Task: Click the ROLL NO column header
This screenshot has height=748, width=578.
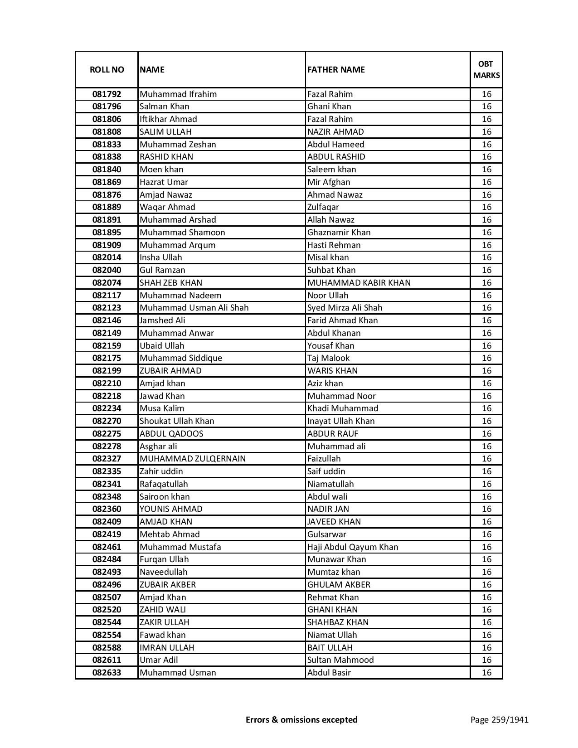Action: (107, 69)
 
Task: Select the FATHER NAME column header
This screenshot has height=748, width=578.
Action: (336, 69)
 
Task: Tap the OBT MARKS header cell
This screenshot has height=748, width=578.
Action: (486, 69)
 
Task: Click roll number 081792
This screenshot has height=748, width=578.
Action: (107, 94)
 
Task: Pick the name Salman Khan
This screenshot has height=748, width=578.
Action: (165, 107)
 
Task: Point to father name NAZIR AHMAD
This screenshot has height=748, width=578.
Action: (335, 132)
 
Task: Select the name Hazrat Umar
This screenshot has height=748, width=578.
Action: (164, 182)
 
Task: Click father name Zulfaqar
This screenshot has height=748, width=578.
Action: (323, 207)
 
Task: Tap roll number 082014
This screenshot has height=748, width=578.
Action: (107, 257)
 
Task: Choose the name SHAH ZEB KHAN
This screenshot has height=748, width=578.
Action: (171, 283)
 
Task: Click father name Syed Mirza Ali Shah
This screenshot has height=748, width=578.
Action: (345, 308)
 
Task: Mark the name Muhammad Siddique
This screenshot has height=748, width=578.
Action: (181, 358)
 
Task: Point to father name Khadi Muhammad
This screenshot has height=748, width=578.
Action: (343, 408)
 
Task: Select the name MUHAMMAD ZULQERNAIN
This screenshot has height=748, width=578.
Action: (193, 459)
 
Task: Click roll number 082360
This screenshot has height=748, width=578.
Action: (107, 509)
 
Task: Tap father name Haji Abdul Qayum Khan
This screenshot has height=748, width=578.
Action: (353, 547)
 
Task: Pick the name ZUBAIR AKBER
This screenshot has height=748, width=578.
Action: (168, 585)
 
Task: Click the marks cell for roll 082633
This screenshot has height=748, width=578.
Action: (486, 673)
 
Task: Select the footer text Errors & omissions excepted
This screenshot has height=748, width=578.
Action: (301, 719)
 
